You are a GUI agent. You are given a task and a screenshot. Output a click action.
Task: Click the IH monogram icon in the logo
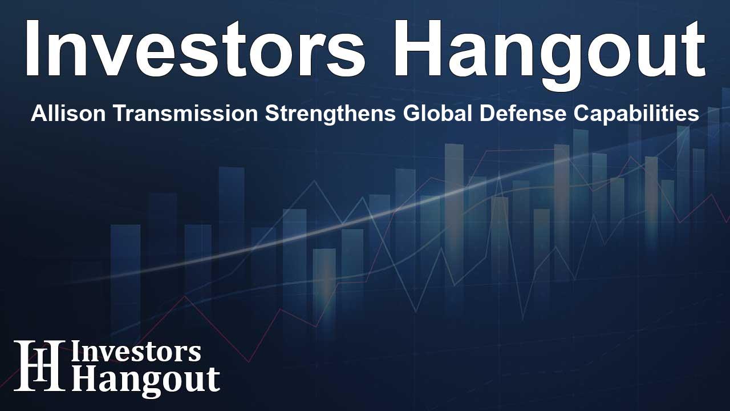click(x=39, y=365)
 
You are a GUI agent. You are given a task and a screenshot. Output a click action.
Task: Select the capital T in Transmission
click(x=107, y=114)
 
